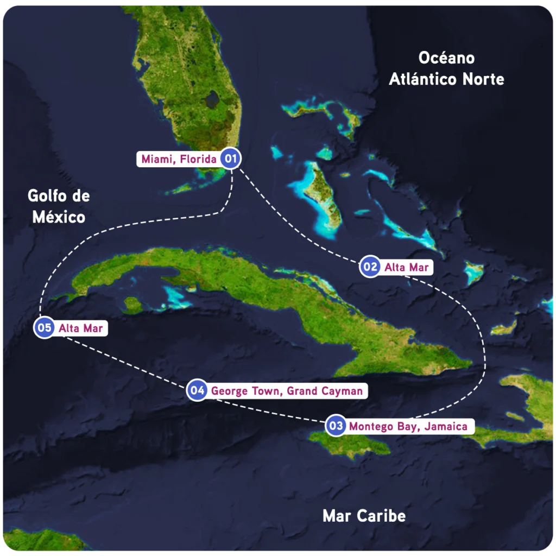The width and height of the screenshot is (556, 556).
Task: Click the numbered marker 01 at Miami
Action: pos(230,159)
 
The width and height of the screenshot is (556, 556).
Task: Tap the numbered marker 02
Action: pos(370,267)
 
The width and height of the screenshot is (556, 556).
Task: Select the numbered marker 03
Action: pos(336,426)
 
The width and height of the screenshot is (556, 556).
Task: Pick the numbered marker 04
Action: pos(197,390)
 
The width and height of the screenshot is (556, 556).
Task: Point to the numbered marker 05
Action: pos(45,327)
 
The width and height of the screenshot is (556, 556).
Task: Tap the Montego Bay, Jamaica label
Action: pos(408,426)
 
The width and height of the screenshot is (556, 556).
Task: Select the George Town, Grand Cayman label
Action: pos(286,390)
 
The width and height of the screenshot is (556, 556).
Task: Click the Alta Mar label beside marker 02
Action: pos(406,267)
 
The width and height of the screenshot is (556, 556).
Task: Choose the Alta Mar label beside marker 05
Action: pos(80,328)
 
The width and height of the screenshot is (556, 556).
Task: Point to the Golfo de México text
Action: pos(59,206)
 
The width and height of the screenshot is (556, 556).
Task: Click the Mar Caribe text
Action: pos(364,515)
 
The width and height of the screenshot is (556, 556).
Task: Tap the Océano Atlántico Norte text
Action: pos(446,68)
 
